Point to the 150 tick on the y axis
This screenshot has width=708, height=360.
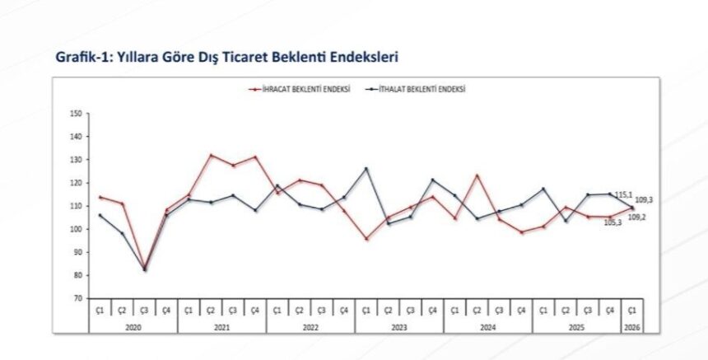coord(77,114)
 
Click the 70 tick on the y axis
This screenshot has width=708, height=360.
coord(78,298)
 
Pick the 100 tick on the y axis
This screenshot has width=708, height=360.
coord(77,229)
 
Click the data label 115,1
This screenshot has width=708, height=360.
coord(623,194)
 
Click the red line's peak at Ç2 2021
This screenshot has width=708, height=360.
coord(211,155)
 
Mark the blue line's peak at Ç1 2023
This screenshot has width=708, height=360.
coord(366,169)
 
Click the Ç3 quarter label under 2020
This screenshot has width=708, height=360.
coord(144,310)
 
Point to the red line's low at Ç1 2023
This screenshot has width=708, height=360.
coord(366,239)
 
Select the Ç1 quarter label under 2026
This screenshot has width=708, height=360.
coord(633,310)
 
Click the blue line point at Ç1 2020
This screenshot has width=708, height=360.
coord(100,215)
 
